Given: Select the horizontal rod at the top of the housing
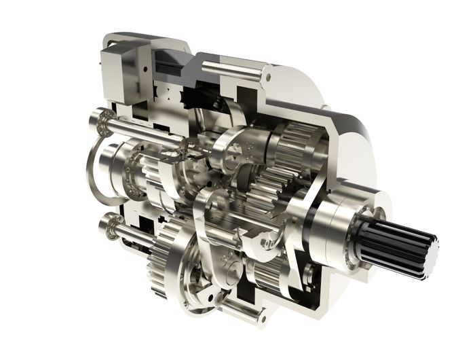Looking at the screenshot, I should pos(231,69).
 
